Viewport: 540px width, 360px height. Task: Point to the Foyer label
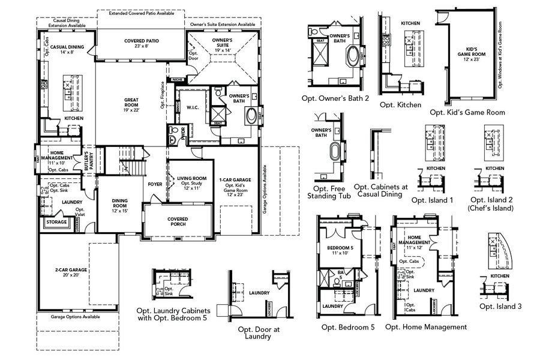point(154,184)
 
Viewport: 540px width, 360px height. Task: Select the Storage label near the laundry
point(56,222)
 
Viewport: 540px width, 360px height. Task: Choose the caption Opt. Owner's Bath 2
point(335,98)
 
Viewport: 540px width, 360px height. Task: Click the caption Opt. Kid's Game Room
point(467,112)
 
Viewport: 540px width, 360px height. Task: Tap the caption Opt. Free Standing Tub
point(327,191)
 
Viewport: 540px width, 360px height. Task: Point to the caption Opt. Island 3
point(500,306)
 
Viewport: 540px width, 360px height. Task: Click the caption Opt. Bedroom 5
point(348,327)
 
